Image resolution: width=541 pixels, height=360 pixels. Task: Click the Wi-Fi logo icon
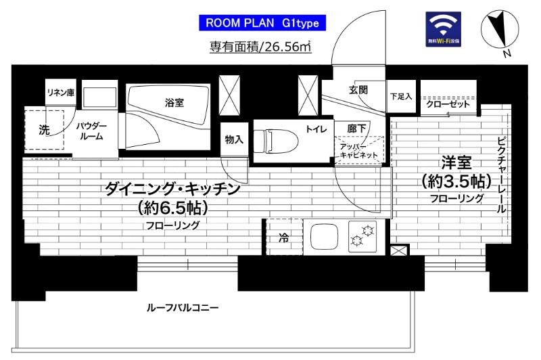pyautogui.click(x=444, y=29)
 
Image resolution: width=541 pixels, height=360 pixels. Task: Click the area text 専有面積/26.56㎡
pyautogui.click(x=260, y=47)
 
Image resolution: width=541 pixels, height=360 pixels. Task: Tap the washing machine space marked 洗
pyautogui.click(x=43, y=129)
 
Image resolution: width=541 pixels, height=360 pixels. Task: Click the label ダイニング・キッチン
pyautogui.click(x=173, y=190)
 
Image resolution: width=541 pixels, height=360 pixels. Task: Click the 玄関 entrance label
pyautogui.click(x=358, y=90)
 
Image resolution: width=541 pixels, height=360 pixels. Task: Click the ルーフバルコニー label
pyautogui.click(x=183, y=308)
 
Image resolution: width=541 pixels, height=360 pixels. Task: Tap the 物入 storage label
pyautogui.click(x=234, y=139)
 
